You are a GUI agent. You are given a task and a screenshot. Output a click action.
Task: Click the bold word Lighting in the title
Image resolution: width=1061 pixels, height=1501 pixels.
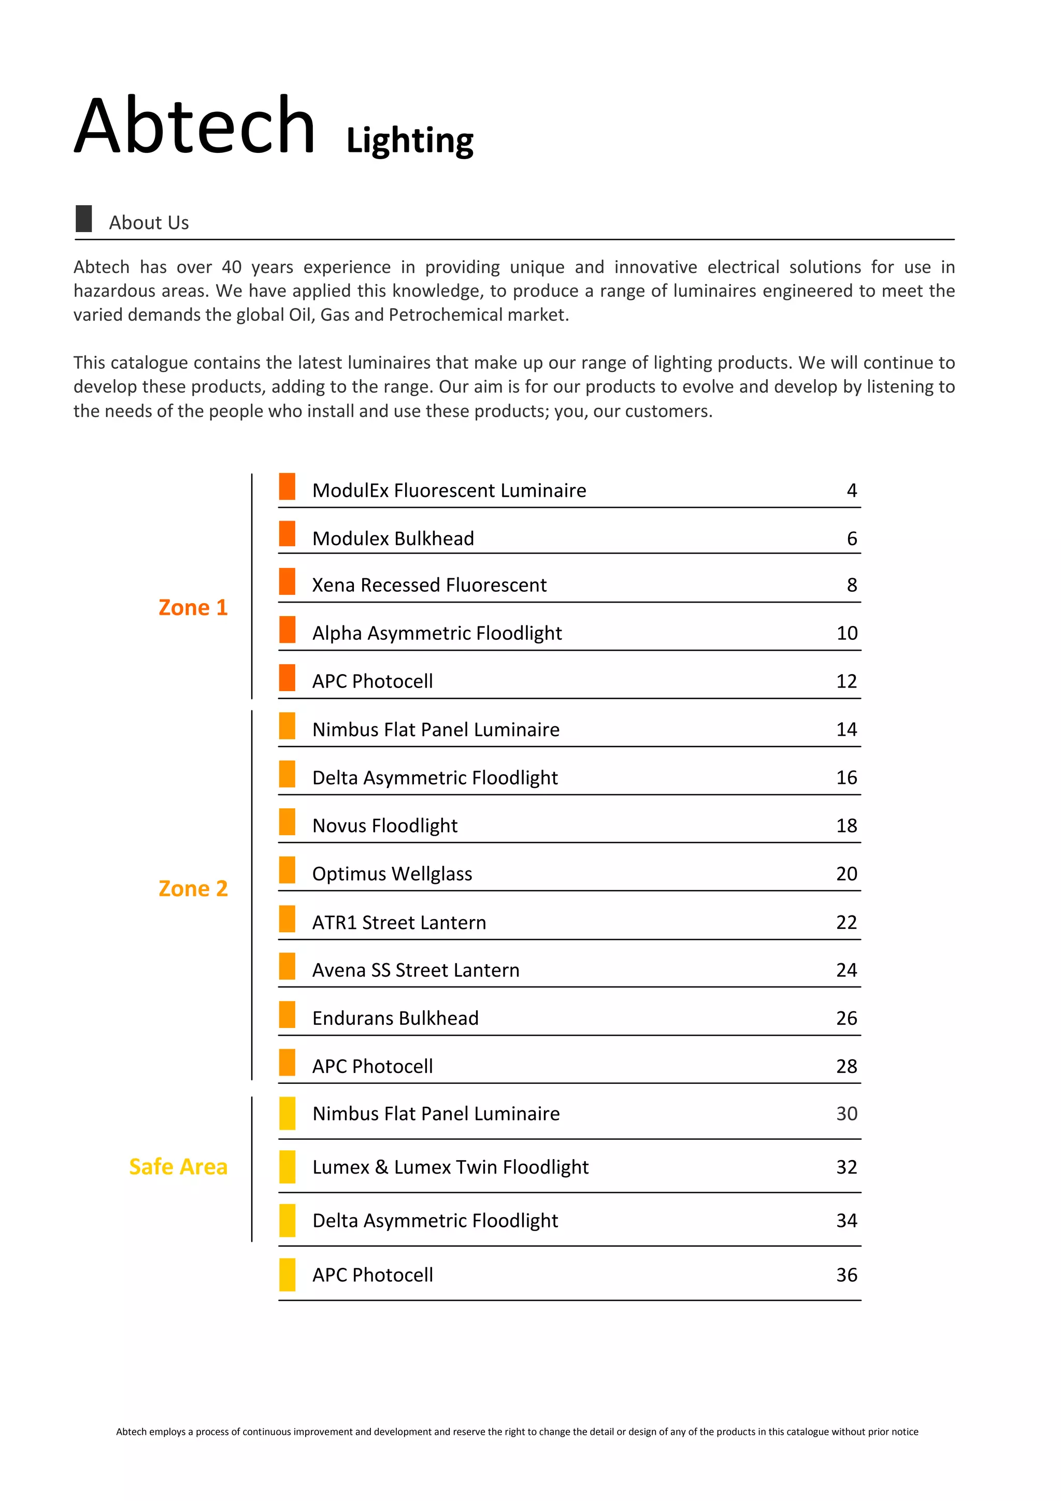[409, 140]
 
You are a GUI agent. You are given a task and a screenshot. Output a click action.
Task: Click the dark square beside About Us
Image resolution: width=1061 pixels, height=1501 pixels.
[84, 218]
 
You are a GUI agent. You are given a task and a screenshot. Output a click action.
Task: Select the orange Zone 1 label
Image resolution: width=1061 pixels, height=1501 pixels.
[193, 607]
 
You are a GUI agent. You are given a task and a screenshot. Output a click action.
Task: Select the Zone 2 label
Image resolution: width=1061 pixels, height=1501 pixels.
[193, 889]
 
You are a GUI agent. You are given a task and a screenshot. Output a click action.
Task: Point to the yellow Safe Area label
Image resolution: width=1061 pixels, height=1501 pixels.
[178, 1167]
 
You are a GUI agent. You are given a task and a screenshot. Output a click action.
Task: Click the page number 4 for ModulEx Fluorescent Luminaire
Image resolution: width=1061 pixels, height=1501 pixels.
[851, 490]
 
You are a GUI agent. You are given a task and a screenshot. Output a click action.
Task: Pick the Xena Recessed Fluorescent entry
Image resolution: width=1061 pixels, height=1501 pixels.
[429, 585]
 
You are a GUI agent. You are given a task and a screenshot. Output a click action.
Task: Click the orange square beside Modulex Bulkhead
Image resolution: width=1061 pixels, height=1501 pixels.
[287, 534]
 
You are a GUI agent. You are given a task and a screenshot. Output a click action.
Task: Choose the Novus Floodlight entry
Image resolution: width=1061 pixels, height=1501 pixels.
[384, 826]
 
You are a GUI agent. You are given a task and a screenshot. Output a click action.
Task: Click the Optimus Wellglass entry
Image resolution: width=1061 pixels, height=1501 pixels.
[392, 874]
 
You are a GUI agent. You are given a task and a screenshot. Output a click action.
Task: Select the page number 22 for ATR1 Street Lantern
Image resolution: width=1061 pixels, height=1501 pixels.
[846, 922]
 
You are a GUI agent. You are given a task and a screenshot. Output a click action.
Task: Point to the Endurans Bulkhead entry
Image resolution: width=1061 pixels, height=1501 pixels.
[395, 1019]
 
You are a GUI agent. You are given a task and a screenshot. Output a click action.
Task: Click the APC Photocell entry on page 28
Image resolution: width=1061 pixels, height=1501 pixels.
[372, 1067]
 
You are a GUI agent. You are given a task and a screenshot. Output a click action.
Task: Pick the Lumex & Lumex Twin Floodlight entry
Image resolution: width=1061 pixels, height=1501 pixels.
[450, 1168]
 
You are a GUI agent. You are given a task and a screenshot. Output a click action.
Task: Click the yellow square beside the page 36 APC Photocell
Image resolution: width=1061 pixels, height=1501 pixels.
[287, 1275]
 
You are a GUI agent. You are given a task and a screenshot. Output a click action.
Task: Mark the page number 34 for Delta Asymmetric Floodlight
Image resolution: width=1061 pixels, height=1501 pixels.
[846, 1221]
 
